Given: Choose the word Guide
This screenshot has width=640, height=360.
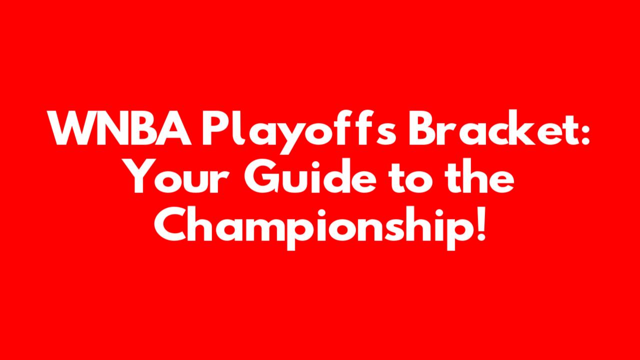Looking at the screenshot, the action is pyautogui.click(x=310, y=175).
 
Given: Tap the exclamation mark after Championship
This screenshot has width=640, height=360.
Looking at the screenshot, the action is pyautogui.click(x=481, y=224).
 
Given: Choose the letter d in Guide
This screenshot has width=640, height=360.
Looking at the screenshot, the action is pyautogui.click(x=333, y=175).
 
